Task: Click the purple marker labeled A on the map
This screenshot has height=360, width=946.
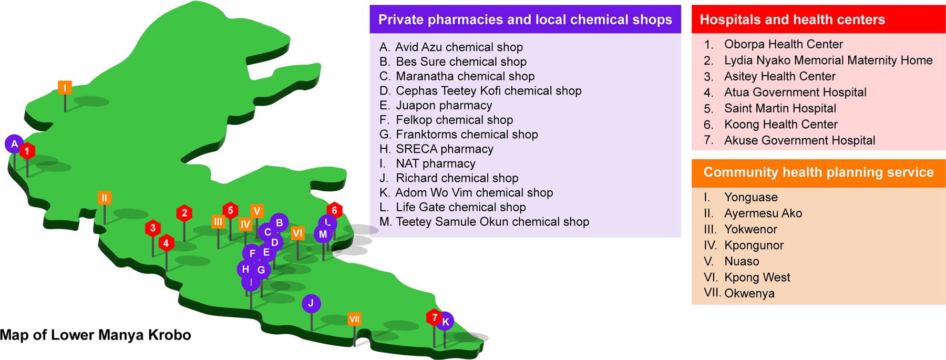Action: [14, 144]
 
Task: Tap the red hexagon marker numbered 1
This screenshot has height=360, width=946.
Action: [27, 151]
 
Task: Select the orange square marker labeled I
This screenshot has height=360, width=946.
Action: [65, 88]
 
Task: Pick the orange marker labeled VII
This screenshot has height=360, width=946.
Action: [355, 319]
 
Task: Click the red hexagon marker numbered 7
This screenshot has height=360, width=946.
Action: [434, 317]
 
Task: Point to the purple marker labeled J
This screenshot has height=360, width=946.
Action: [311, 303]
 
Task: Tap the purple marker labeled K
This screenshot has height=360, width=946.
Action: [445, 322]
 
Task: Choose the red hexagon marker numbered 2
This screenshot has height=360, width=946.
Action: [184, 213]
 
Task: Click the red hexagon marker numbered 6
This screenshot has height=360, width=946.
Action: [334, 211]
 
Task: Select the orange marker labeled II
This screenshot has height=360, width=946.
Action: [104, 198]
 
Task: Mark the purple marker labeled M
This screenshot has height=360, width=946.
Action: [323, 234]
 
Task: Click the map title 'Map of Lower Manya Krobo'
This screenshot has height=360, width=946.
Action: [96, 335]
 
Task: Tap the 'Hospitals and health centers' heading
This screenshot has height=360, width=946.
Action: [792, 19]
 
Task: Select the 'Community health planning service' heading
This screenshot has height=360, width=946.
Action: [818, 172]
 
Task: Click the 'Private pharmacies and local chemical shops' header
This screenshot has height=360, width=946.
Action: [525, 19]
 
